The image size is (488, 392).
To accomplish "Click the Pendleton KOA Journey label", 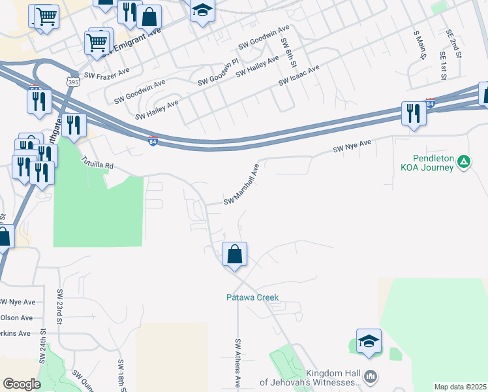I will coord(423,163).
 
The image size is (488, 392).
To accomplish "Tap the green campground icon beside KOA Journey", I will coord(463,161).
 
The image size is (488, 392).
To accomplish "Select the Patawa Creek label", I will coord(252,297).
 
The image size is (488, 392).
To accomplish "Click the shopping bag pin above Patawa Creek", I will coord(235,254).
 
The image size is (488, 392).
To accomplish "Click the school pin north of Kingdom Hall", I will coord(369,341).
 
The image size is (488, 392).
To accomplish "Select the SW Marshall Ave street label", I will coord(242,184).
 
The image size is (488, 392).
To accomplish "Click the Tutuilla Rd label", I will coord(97,162).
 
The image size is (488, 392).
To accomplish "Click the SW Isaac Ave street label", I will coord(299,75).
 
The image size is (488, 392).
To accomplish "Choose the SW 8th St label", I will coord(288,52).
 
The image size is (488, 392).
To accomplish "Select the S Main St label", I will coord(419,44).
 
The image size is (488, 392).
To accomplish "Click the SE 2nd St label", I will coord(454,44).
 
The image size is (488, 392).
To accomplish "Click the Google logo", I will coord(22,384).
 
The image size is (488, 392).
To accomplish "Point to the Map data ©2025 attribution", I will coord(461,387).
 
